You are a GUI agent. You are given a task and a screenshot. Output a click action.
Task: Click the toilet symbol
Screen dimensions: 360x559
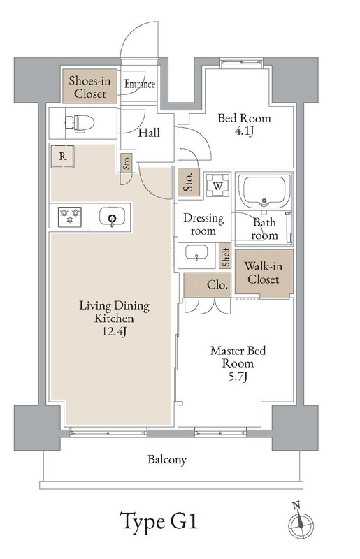point(80,124)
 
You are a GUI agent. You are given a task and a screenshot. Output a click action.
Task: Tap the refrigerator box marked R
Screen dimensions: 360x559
point(63,157)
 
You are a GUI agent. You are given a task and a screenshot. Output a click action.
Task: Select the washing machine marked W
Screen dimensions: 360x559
point(218,185)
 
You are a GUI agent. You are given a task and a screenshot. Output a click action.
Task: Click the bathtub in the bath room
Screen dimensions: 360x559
point(264,191)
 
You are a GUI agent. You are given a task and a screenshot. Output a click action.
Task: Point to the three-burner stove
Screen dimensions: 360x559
point(70,216)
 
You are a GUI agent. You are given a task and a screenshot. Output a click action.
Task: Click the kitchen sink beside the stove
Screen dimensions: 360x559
point(112,217)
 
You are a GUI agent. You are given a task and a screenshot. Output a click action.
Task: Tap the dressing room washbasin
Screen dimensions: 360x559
point(196,253)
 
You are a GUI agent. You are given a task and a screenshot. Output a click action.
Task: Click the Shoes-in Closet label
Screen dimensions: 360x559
point(90,87)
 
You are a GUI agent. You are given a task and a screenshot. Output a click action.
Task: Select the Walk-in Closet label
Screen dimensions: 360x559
point(264,273)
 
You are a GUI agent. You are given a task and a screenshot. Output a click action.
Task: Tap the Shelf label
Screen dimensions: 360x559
point(226,256)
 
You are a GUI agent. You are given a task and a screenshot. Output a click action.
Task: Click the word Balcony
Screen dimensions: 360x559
point(167,460)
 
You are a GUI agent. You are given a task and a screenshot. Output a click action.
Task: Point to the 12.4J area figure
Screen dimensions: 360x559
point(114,331)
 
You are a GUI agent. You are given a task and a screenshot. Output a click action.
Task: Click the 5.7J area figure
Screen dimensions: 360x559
point(238,377)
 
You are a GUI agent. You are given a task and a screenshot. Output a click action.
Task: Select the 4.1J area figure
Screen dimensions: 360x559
point(244,131)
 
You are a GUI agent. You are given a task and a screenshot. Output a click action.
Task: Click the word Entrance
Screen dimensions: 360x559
point(140,84)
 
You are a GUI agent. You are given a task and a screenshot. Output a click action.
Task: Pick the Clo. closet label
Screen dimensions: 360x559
point(217,285)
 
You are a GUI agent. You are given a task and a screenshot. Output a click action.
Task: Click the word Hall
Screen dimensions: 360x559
point(149,133)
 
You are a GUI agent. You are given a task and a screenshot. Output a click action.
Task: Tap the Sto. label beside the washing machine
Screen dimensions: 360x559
point(189,182)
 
